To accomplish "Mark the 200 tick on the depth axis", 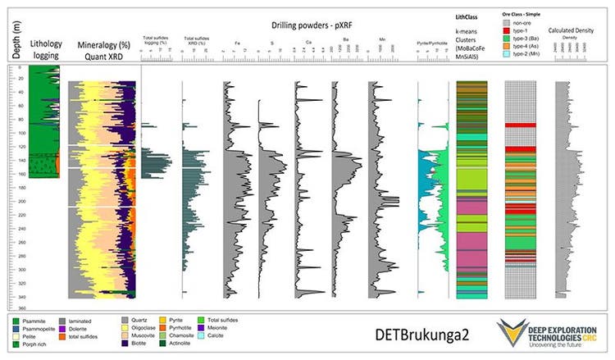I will click(x=19, y=201).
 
